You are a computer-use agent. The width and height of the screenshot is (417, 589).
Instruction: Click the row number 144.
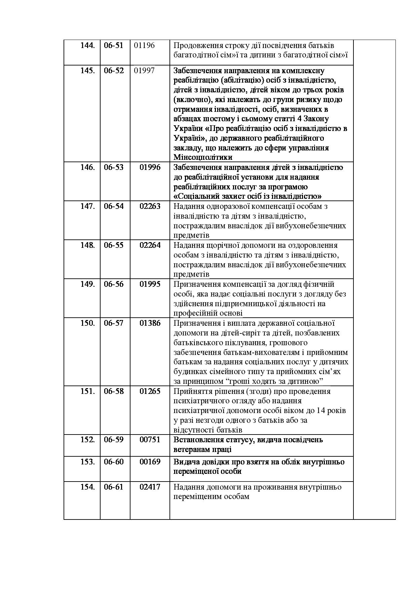[87, 45]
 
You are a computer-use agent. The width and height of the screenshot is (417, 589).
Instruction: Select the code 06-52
[114, 71]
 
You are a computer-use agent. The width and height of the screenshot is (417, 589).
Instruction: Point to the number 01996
[150, 167]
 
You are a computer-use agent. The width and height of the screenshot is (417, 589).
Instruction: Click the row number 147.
[87, 206]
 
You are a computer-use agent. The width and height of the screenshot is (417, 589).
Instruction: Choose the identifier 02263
[150, 206]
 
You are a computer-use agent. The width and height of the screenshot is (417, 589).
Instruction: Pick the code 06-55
[114, 245]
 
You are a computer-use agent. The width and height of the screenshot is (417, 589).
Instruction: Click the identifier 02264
[150, 245]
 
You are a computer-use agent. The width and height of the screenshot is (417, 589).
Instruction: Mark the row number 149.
[87, 284]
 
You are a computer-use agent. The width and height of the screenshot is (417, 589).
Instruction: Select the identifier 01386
[150, 323]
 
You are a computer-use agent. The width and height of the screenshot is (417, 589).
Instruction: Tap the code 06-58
[114, 391]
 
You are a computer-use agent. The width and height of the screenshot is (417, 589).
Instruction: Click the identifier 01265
[150, 391]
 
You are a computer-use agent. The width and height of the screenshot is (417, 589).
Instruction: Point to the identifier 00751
[150, 440]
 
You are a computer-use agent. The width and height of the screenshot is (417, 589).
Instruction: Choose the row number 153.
[87, 462]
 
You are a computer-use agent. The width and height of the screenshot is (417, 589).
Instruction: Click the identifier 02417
[150, 487]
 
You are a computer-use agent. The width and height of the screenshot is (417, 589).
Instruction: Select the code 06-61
[114, 487]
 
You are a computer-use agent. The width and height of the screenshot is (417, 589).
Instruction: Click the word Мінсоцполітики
[203, 157]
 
